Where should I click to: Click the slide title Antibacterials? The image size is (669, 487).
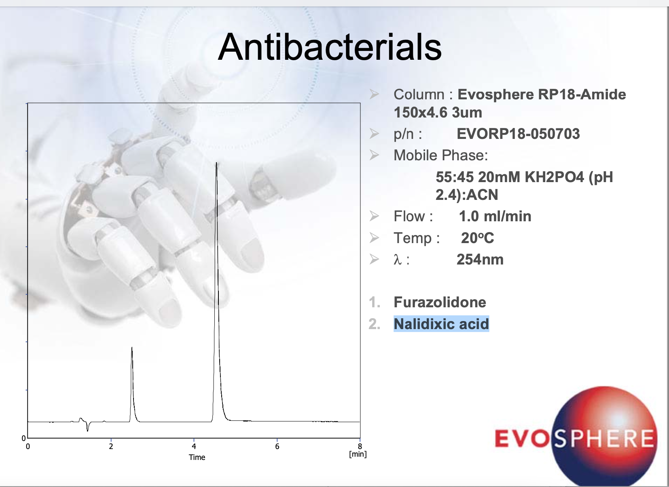click(330, 47)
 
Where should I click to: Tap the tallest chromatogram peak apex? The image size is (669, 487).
click(216, 163)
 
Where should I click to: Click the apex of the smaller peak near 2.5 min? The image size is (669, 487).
click(132, 347)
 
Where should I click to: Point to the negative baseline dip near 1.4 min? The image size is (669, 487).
click(87, 430)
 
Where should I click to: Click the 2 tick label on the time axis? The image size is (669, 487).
click(111, 447)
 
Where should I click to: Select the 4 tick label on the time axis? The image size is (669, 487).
click(194, 447)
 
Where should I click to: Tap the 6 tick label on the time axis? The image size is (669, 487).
click(277, 447)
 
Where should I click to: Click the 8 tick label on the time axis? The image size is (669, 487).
click(360, 446)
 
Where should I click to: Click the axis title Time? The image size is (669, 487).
click(197, 457)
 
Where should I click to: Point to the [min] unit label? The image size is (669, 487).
click(358, 454)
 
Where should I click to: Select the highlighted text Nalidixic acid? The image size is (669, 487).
click(441, 324)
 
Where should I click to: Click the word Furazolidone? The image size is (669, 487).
click(440, 302)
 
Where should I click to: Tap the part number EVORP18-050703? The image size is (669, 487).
click(518, 134)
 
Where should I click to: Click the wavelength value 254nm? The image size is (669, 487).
click(480, 260)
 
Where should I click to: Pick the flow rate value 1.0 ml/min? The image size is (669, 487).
click(495, 216)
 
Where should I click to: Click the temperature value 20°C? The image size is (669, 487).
click(477, 238)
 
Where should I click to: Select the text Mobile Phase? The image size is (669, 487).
click(440, 155)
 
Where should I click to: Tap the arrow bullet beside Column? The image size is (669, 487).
click(374, 94)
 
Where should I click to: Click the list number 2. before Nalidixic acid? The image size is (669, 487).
click(375, 324)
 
